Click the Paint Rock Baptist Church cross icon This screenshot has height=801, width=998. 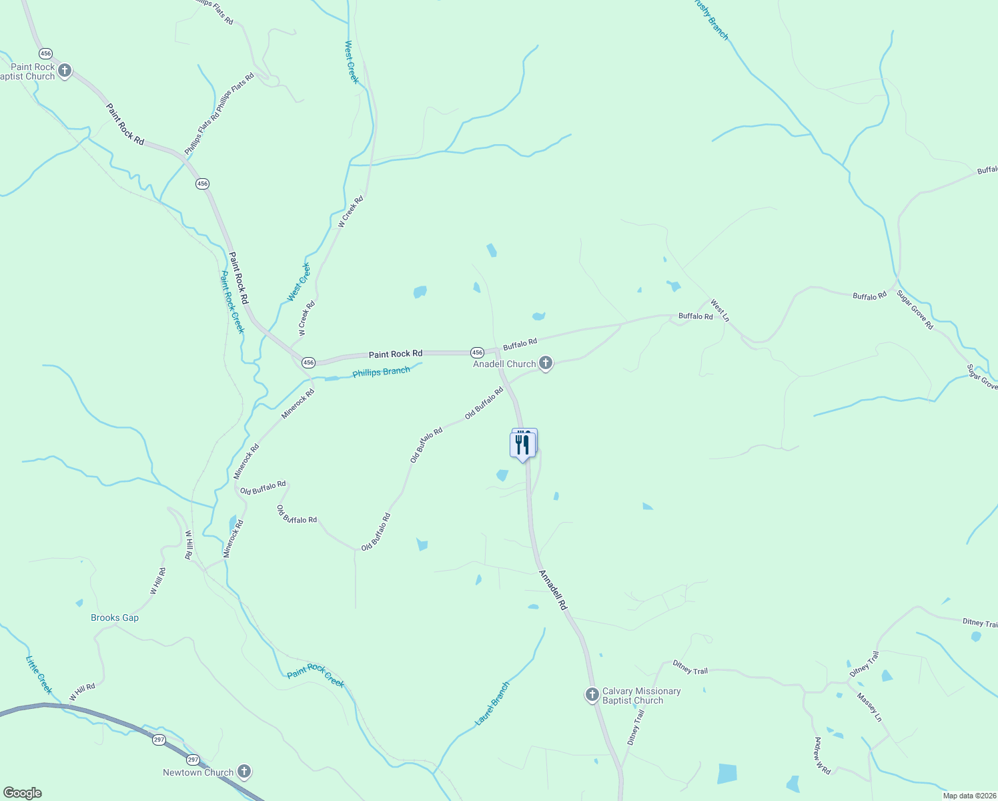pyautogui.click(x=65, y=70)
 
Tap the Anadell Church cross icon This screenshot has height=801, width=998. pyautogui.click(x=546, y=363)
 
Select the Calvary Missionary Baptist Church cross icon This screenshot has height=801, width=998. pyautogui.click(x=592, y=695)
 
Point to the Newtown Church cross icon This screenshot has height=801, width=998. pyautogui.click(x=244, y=772)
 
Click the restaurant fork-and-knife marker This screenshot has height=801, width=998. pyautogui.click(x=522, y=445)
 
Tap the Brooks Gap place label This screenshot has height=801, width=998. pyautogui.click(x=115, y=617)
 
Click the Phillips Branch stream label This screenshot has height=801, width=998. pyautogui.click(x=381, y=372)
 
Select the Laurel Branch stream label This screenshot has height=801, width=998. pyautogui.click(x=492, y=704)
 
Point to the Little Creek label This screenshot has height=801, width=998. pyautogui.click(x=39, y=675)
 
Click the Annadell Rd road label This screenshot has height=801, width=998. pyautogui.click(x=553, y=590)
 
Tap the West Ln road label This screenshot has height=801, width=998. pyautogui.click(x=720, y=310)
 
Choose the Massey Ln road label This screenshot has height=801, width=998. pyautogui.click(x=870, y=708)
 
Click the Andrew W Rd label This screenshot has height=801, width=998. pyautogui.click(x=822, y=756)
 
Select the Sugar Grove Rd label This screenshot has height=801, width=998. pyautogui.click(x=915, y=310)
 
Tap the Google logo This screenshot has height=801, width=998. pyautogui.click(x=23, y=793)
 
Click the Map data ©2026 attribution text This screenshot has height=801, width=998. pyautogui.click(x=969, y=796)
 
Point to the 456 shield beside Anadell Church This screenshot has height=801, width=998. pyautogui.click(x=477, y=352)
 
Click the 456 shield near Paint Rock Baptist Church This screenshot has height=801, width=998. pyautogui.click(x=45, y=53)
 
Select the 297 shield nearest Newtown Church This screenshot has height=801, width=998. pyautogui.click(x=193, y=760)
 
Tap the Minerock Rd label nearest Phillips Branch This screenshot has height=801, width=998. pyautogui.click(x=298, y=404)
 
